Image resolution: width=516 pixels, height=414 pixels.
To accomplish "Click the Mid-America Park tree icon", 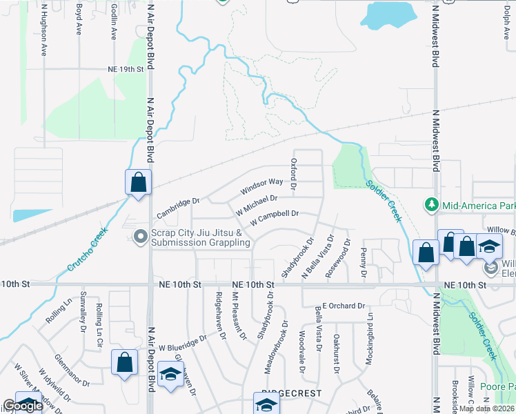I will (432, 205).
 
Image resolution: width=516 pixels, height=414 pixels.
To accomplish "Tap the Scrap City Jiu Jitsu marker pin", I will (141, 237).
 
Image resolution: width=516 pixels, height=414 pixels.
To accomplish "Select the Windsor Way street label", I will (261, 186).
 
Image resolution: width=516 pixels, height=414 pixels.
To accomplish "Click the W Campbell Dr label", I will (274, 217).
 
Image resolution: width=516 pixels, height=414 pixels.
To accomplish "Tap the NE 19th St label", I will (125, 69).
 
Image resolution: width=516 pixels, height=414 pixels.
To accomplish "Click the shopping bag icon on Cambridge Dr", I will (138, 183).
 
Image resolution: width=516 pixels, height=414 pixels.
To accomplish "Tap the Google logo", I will (23, 406).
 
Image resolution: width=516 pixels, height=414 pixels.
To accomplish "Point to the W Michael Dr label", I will (256, 202).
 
